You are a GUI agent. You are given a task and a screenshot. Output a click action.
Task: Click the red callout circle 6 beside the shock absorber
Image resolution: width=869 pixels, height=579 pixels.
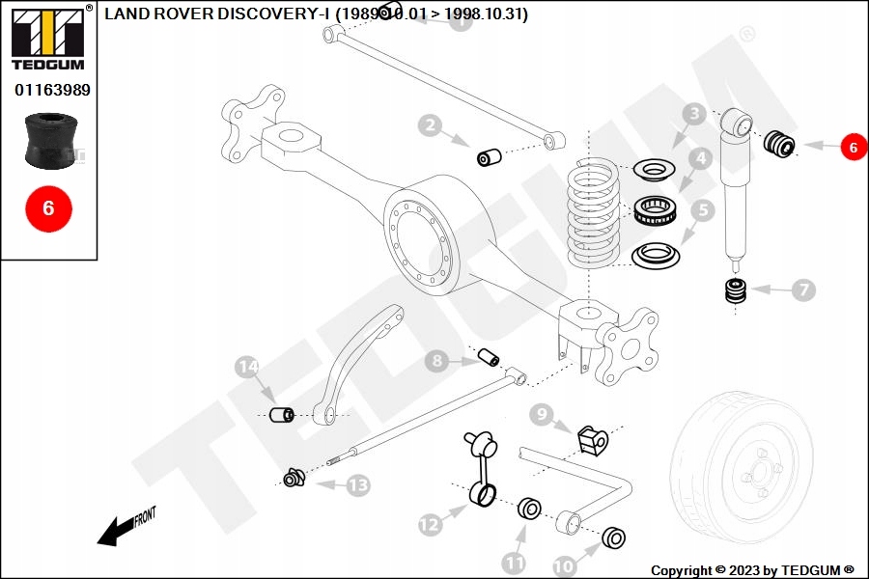click(x=853, y=147)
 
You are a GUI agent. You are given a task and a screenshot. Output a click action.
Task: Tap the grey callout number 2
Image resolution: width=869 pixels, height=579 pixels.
click(x=431, y=125)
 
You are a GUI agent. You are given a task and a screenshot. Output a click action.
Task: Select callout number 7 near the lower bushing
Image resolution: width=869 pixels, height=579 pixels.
click(x=804, y=289)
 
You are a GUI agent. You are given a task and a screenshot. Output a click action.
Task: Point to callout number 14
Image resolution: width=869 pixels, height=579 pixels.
click(x=248, y=367)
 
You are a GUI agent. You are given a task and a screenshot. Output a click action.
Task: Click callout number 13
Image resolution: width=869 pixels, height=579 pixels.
click(x=358, y=485)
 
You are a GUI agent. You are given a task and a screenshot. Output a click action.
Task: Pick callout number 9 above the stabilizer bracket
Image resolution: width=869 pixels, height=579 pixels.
click(x=542, y=415)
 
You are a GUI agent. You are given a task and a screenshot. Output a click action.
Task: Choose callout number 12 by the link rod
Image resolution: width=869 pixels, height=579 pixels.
click(x=430, y=524)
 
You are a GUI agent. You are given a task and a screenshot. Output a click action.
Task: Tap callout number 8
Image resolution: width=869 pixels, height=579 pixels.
click(x=437, y=361)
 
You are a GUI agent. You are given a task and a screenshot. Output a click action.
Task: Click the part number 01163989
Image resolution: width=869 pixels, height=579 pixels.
click(x=52, y=90)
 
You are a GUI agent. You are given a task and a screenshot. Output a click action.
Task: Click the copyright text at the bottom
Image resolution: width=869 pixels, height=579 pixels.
click(x=752, y=570)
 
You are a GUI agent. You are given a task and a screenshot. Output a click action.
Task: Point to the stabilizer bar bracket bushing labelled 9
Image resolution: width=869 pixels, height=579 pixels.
click(x=593, y=440)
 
